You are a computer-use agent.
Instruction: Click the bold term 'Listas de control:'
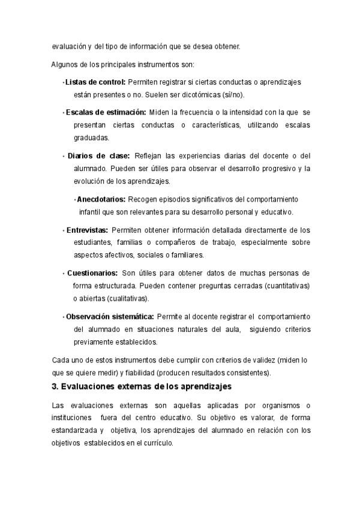coord(95,82)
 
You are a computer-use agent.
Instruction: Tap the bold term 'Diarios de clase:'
coord(98,155)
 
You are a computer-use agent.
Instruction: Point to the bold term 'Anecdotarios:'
coord(101,199)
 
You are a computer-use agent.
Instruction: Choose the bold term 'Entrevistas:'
coord(87,229)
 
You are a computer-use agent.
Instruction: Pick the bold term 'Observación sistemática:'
coord(110,316)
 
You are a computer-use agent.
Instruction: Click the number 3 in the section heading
coord(56,386)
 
